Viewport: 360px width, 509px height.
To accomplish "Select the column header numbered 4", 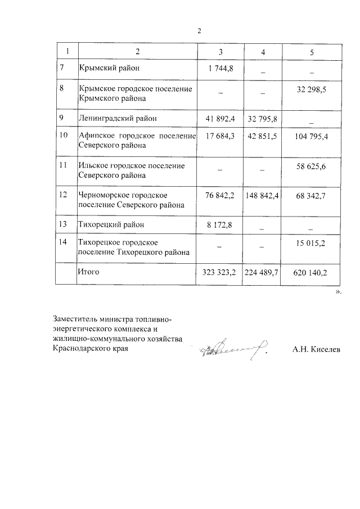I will point(263,52).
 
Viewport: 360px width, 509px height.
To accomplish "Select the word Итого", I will point(88,272).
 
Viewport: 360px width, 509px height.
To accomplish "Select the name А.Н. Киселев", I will point(316,350).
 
